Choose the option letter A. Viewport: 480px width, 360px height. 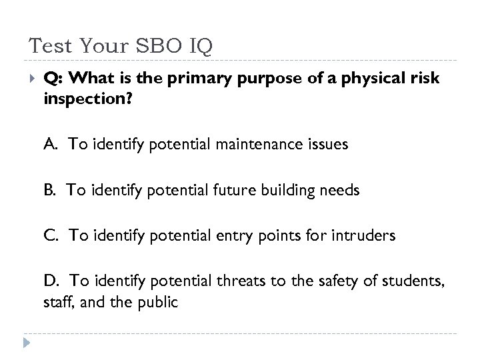click(51, 145)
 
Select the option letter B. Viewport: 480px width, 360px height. click(51, 190)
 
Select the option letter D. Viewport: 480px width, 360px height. click(51, 280)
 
